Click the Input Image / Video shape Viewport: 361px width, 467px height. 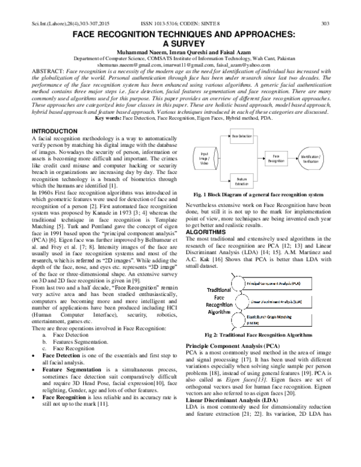point(205,159)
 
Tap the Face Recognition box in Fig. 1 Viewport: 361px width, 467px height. point(276,159)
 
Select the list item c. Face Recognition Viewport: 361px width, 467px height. point(68,348)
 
